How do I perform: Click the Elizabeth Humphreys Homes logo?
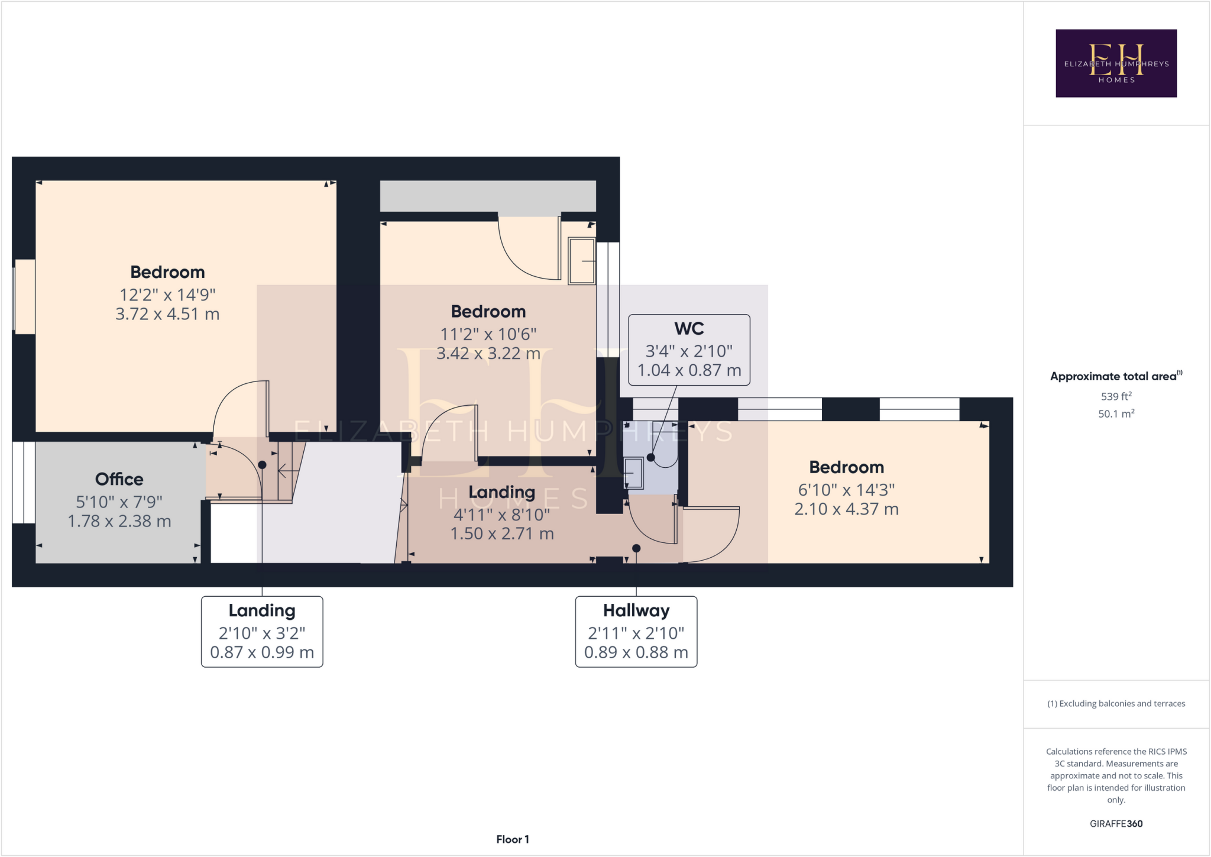(1116, 63)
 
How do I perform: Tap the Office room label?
(119, 479)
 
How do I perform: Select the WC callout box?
(689, 350)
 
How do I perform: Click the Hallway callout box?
(636, 632)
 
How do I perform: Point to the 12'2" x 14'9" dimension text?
(167, 295)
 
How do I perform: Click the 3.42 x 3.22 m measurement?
(488, 354)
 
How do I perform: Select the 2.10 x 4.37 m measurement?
(846, 509)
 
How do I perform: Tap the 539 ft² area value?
(1116, 396)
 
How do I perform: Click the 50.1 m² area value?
(1116, 413)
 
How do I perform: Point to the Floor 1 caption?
(512, 839)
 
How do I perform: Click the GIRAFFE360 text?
(1116, 823)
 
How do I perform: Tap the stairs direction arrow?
(289, 471)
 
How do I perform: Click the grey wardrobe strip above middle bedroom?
(487, 196)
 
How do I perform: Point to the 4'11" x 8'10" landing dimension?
(501, 515)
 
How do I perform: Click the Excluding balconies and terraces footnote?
(1116, 703)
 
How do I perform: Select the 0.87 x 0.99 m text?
(262, 652)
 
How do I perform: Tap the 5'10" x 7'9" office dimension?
(119, 502)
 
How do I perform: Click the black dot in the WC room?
(650, 457)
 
